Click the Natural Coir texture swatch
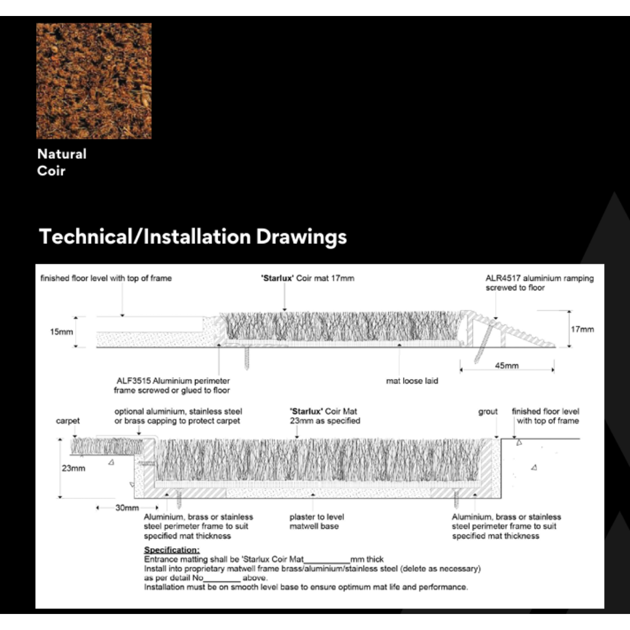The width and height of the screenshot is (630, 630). click(94, 81)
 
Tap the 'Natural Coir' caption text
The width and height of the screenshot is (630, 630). click(62, 162)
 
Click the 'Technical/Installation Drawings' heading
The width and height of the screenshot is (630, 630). click(193, 237)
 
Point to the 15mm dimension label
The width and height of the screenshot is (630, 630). click(62, 332)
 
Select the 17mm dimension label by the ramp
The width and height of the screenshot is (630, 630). click(582, 330)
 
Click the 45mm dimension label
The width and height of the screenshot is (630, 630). click(507, 365)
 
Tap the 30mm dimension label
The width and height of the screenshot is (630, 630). click(127, 508)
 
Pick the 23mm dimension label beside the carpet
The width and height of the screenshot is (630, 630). click(74, 468)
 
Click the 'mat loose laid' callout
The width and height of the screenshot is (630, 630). click(412, 381)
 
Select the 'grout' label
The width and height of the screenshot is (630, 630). click(488, 412)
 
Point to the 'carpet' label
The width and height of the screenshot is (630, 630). click(68, 421)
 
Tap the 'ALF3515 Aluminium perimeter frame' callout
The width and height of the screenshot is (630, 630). click(172, 386)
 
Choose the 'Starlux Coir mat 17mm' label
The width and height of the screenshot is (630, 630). click(308, 278)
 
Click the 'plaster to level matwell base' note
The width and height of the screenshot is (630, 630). click(317, 522)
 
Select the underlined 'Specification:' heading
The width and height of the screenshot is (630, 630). click(172, 549)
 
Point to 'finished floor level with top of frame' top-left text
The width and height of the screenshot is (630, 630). click(106, 278)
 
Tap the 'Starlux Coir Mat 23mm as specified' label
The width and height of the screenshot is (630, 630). click(325, 417)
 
